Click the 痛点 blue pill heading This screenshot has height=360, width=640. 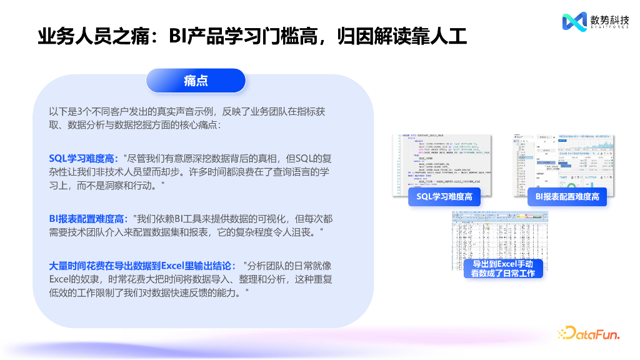(196, 81)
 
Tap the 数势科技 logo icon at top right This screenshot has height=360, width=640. (574, 22)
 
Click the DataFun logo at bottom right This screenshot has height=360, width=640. (588, 334)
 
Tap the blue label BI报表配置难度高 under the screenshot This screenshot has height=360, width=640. (567, 197)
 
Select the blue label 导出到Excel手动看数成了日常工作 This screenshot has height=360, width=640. (502, 269)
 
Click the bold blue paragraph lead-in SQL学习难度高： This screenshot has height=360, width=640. (84, 159)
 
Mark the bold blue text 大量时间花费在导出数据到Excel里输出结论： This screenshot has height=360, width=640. (142, 265)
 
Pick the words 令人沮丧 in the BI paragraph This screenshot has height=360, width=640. (297, 232)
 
